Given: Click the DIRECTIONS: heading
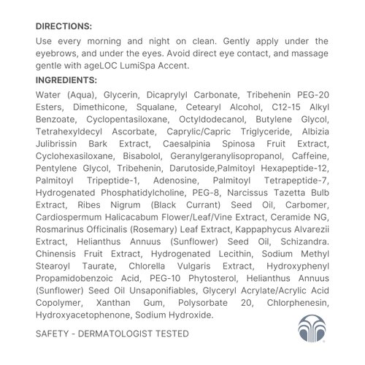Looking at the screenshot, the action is point(64,26).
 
